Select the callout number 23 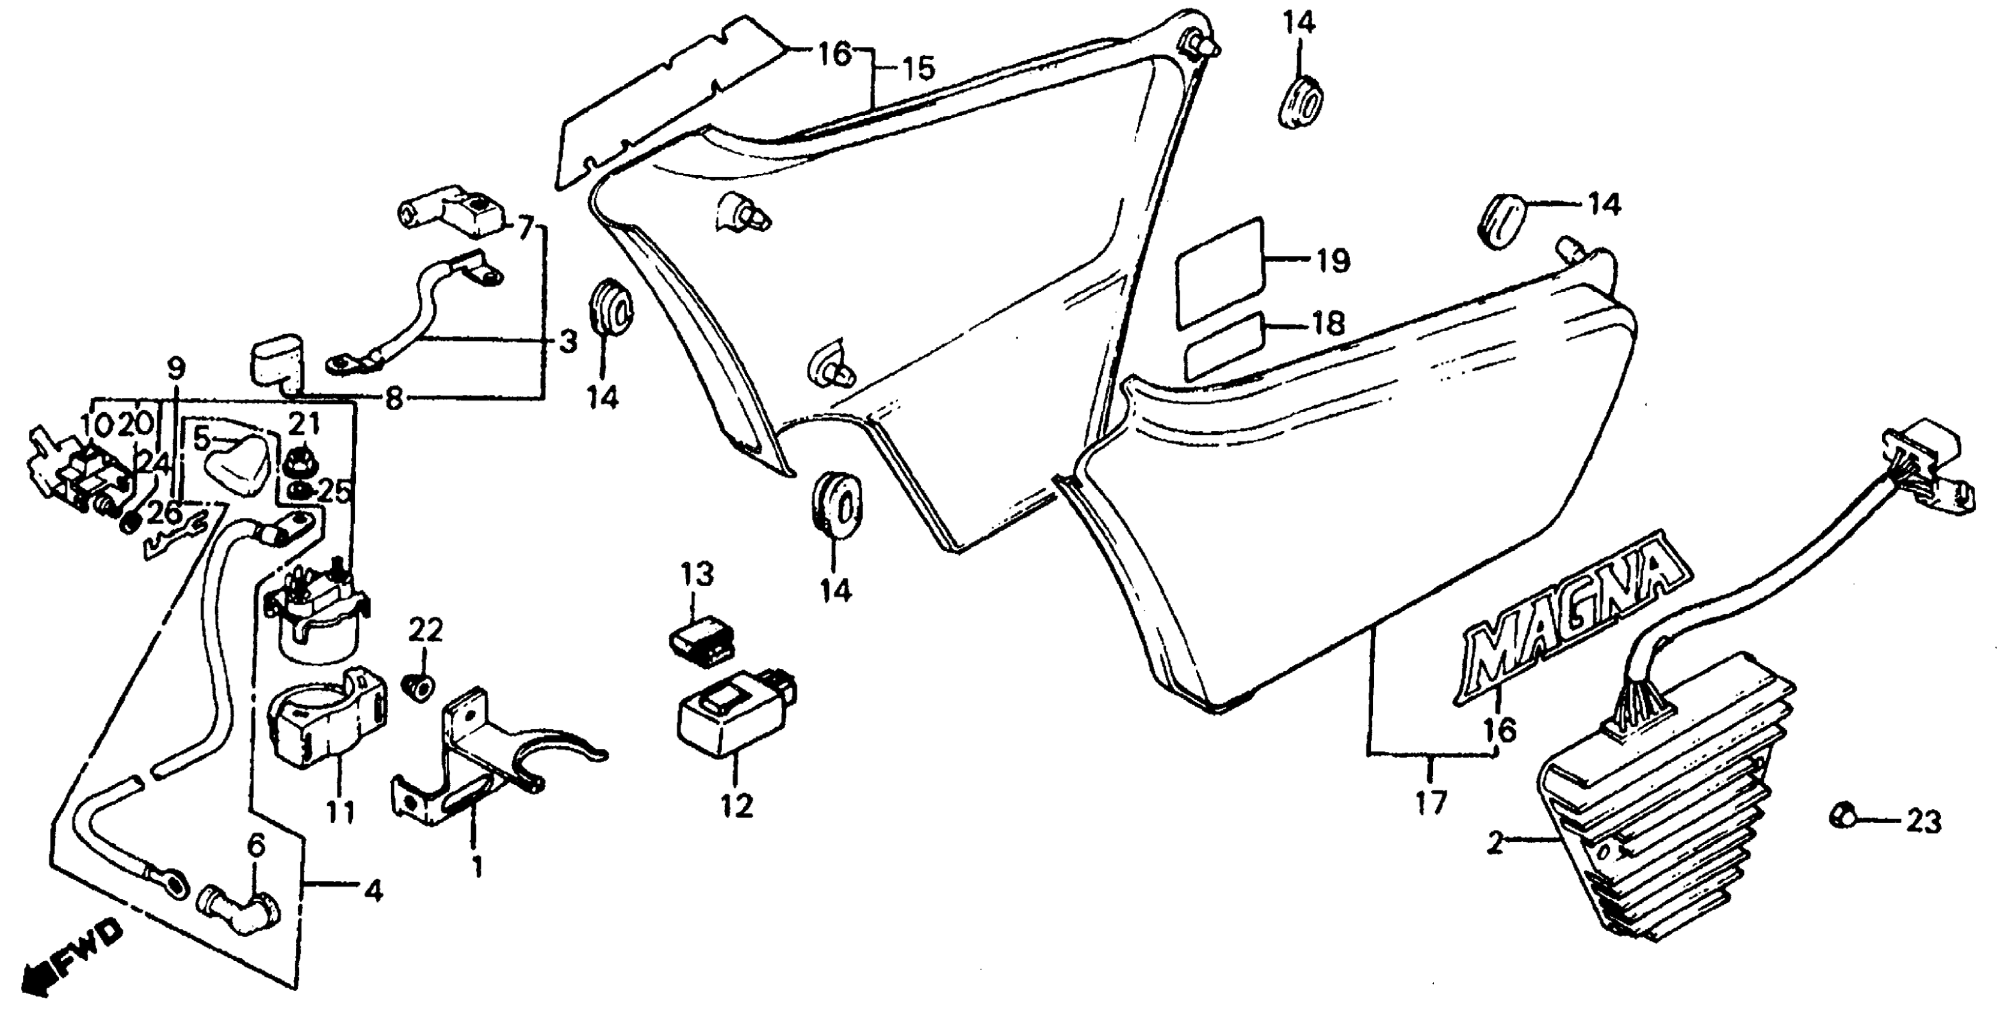(x=1923, y=822)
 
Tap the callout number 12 (x=737, y=806)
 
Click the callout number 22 (x=425, y=630)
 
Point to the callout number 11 (x=340, y=812)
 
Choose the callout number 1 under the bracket (x=477, y=865)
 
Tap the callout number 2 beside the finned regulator (x=1494, y=843)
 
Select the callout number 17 (x=1430, y=802)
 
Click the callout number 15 (x=917, y=68)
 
